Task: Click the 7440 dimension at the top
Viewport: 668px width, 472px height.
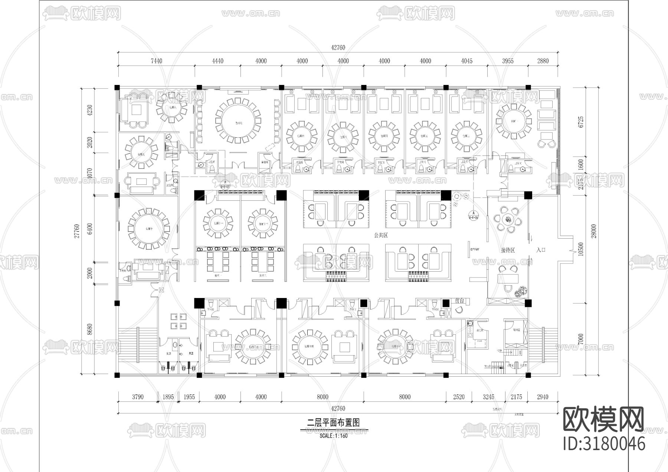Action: (x=156, y=61)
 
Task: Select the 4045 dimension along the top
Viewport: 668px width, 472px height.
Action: (x=466, y=61)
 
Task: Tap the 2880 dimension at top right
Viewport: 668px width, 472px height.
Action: (x=543, y=61)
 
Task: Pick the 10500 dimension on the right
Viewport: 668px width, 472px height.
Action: (x=581, y=249)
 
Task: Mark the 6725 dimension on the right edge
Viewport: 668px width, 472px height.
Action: (x=581, y=122)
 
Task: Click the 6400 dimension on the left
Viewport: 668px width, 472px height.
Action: (x=89, y=228)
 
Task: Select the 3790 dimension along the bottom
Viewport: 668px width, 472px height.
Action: (x=138, y=397)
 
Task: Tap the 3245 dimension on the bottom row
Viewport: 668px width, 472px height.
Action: (x=488, y=397)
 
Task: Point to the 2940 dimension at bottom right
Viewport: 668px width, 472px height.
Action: (x=542, y=397)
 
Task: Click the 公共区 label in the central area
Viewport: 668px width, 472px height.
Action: (x=381, y=235)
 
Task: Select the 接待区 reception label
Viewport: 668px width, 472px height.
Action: (x=508, y=250)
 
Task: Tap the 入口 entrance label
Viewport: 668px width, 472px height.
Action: (x=541, y=250)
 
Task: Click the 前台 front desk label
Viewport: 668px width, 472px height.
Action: (x=459, y=301)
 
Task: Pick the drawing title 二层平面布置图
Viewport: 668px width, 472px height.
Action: (x=334, y=422)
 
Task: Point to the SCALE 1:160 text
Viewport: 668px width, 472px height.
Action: (x=334, y=436)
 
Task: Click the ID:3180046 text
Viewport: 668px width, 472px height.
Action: (x=604, y=444)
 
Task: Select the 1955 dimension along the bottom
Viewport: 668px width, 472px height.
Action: (x=189, y=397)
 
